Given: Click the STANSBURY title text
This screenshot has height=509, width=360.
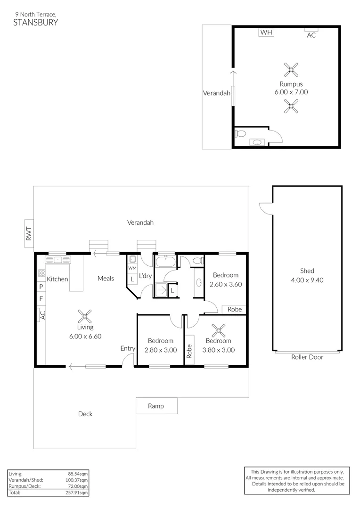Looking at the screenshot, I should click(x=36, y=22).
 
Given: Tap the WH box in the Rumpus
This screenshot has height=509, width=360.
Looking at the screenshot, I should click(x=267, y=33).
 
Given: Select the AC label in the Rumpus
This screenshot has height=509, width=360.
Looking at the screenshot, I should click(x=311, y=35).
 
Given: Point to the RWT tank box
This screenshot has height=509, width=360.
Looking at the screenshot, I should click(x=29, y=233).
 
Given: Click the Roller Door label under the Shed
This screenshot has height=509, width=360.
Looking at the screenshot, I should click(x=307, y=357).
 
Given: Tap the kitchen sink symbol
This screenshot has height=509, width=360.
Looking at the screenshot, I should click(x=57, y=260).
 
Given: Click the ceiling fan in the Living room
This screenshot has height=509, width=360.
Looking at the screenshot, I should click(x=85, y=315).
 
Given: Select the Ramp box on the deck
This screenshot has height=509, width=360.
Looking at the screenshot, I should click(x=156, y=406).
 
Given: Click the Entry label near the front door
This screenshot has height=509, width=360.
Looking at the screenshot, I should click(x=128, y=348).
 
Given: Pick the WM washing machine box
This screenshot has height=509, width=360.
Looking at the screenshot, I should click(x=132, y=268).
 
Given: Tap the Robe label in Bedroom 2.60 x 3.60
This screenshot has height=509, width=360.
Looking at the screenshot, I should click(x=234, y=310).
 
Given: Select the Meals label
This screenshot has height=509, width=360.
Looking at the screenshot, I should click(x=106, y=279).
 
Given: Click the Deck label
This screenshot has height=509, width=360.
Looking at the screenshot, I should click(x=85, y=414).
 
